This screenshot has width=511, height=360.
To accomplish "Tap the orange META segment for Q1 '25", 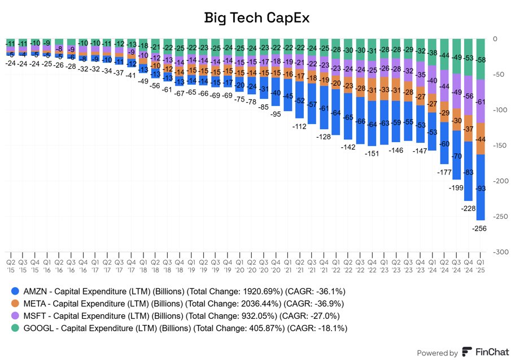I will [481, 139].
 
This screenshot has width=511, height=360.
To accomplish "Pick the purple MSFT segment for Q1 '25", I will [481, 102].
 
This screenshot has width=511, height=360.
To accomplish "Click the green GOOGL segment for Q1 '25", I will [481, 59].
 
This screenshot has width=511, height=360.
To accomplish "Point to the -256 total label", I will [480, 228].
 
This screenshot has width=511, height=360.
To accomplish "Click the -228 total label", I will [468, 208].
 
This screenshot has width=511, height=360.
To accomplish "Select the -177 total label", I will [444, 172].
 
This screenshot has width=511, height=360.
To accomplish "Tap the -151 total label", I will [372, 153].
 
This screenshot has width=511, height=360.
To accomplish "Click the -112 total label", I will [299, 126].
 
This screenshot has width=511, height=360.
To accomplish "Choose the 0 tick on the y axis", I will [495, 39].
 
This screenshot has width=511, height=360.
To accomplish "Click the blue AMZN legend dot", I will [16, 291].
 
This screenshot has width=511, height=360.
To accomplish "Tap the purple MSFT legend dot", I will [16, 316].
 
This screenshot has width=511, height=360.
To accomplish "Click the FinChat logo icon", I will [468, 352].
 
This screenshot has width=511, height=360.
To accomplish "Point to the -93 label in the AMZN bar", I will [481, 188].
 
